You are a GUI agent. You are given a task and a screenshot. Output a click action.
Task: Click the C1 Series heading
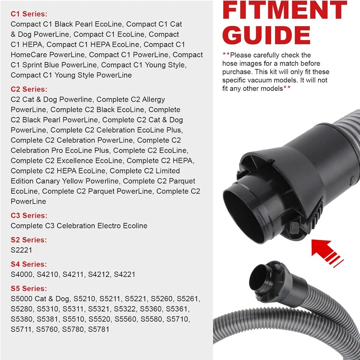29,14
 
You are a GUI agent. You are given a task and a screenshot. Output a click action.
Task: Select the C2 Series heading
29,89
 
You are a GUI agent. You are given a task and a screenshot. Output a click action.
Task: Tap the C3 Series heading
29,216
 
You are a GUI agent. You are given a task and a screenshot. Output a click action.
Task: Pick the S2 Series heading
29,240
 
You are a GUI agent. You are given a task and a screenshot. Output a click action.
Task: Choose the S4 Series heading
29,264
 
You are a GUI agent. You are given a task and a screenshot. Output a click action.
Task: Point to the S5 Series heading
29,289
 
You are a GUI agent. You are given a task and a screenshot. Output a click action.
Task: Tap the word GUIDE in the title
266,36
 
